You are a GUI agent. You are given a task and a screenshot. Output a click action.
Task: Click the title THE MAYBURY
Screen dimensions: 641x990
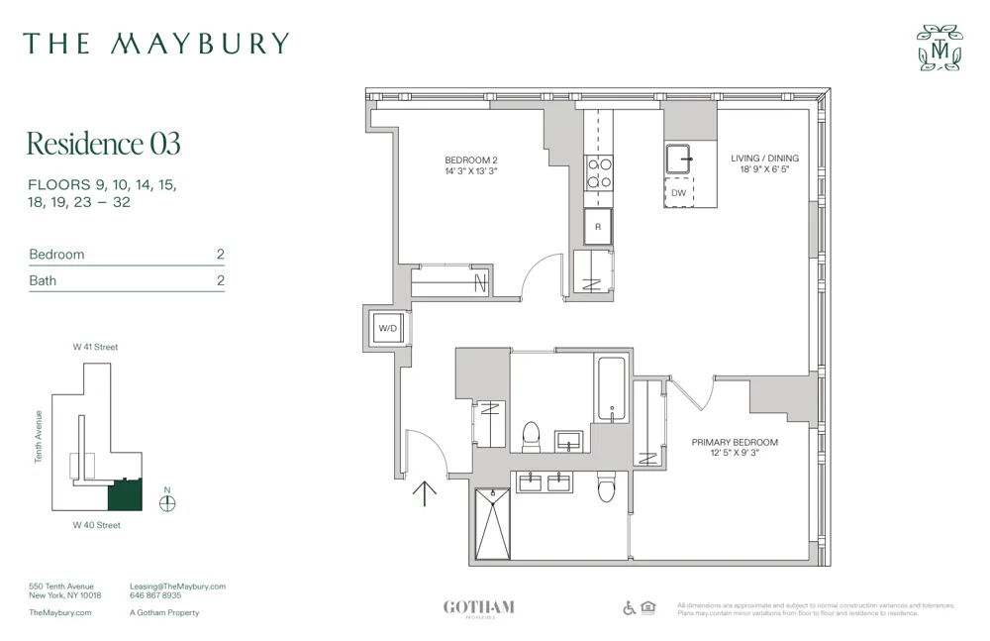(x=156, y=44)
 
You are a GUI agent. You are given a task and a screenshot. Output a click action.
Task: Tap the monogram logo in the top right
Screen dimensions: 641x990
(x=939, y=48)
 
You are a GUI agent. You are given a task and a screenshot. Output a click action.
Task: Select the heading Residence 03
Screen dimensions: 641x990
(x=103, y=144)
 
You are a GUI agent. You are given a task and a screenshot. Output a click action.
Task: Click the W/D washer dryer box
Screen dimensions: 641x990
(x=386, y=329)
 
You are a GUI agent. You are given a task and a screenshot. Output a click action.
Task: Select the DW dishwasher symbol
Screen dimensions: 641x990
(x=679, y=192)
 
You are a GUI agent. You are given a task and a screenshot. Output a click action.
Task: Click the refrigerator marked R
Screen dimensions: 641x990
(x=598, y=227)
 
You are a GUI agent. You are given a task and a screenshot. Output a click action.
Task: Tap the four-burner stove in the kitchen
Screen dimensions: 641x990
(x=599, y=173)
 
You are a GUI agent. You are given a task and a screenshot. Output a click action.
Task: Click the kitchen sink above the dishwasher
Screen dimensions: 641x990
(x=679, y=159)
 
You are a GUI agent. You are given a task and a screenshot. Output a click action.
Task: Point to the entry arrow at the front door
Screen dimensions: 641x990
(x=425, y=491)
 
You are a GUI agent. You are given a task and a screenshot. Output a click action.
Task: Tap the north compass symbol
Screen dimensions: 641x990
(x=167, y=502)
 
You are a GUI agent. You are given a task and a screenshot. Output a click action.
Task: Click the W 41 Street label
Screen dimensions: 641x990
(x=95, y=348)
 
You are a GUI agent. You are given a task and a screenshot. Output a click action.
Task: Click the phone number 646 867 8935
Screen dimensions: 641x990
(x=155, y=595)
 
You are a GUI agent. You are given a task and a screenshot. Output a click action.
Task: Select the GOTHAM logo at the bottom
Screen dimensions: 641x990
(x=478, y=607)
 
